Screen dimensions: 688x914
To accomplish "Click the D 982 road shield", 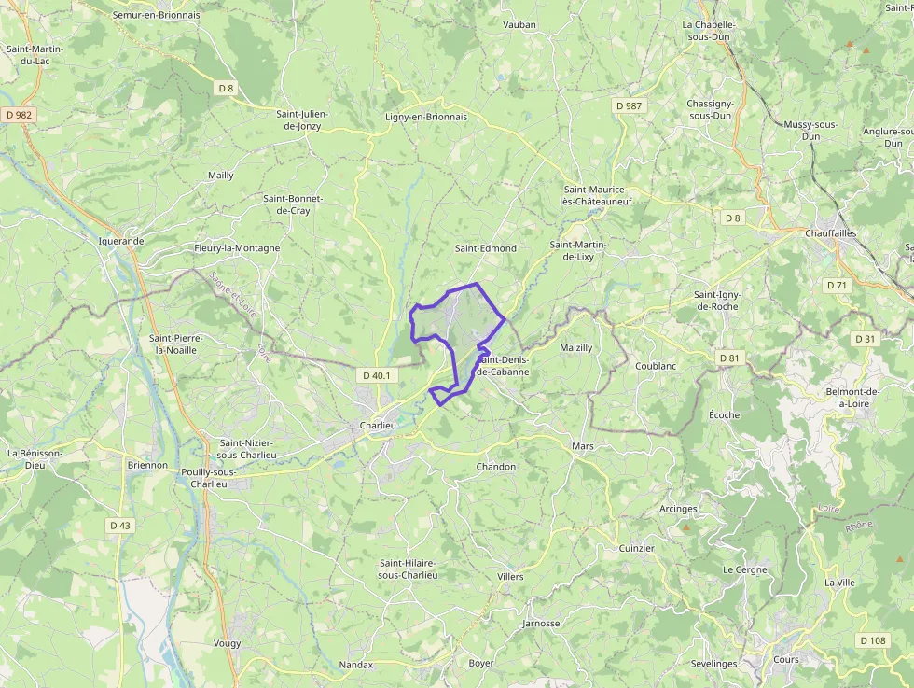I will click(x=18, y=115).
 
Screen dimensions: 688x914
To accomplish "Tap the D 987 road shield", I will click(x=630, y=106).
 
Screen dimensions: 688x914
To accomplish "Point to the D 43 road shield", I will click(x=120, y=526).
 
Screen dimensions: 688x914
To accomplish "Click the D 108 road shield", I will click(x=871, y=640).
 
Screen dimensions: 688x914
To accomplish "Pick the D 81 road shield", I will click(x=728, y=358).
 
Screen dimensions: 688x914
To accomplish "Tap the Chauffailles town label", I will click(x=830, y=233).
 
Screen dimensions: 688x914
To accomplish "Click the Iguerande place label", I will click(x=121, y=241).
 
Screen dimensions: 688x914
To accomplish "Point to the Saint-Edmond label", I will click(x=485, y=248).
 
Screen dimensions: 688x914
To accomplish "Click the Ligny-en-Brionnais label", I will click(x=426, y=118).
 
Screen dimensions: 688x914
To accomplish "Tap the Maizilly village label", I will click(x=575, y=347).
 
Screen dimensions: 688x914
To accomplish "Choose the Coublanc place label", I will click(x=656, y=366).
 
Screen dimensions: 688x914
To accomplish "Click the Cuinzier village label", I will click(x=636, y=549).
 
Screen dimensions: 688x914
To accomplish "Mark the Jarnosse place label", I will click(x=541, y=624).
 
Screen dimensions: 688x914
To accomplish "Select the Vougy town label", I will click(x=227, y=643).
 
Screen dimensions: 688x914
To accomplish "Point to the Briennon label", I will click(x=147, y=465).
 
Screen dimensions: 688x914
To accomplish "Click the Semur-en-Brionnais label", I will click(x=156, y=16).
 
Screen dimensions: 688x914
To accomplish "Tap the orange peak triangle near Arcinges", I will click(x=687, y=528).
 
